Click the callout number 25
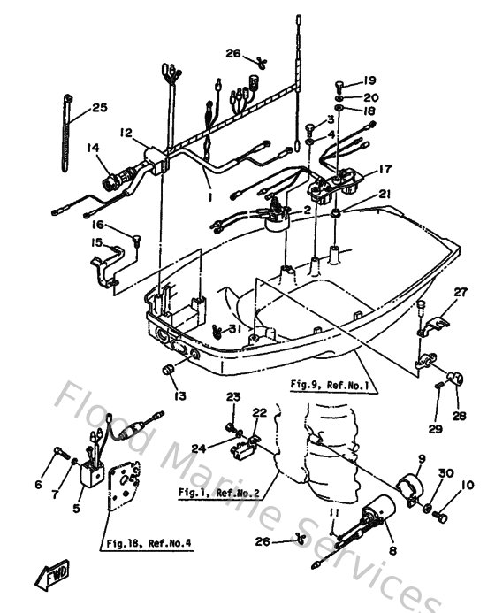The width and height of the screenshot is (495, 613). [x=99, y=108]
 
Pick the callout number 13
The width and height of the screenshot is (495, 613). [x=180, y=395]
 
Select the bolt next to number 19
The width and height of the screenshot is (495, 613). [x=341, y=86]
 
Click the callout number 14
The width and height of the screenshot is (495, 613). [x=93, y=149]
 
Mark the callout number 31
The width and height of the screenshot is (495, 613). [x=234, y=329]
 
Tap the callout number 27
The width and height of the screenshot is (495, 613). [x=460, y=293]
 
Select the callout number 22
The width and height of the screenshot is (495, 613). [x=259, y=412]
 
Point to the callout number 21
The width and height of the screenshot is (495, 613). [x=384, y=195]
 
